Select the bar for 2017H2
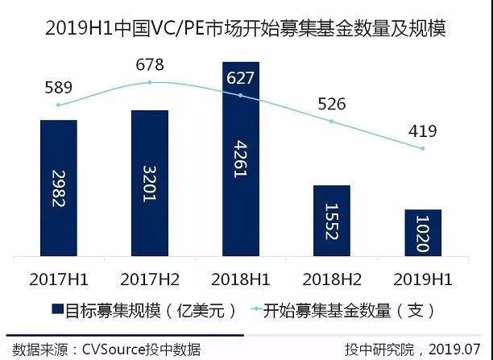coord(150,181)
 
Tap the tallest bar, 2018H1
coord(240,157)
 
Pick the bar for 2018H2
coord(331,219)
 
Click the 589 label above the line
coord(59,87)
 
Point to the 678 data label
coord(150,64)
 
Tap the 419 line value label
coord(422,132)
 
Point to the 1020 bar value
coord(423,233)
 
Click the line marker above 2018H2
coord(331,122)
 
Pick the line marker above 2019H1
coord(422,149)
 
